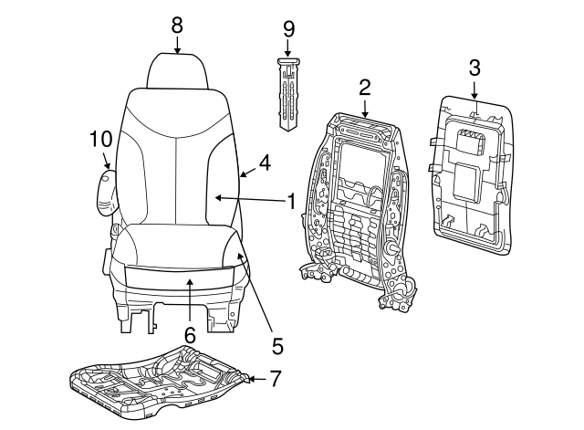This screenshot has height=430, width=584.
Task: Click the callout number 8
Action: click(177, 23)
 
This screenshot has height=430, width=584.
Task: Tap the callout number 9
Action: click(288, 28)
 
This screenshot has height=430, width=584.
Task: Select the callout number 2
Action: click(364, 87)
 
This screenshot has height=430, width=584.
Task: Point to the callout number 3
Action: click(474, 66)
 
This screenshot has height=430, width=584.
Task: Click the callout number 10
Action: click(99, 140)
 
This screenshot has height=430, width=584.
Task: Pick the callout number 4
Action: click(264, 163)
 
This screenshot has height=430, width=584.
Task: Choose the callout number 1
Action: click(291, 201)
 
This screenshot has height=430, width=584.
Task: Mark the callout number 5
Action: click(277, 346)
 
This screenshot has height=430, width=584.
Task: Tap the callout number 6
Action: click(189, 336)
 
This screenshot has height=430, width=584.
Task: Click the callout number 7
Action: click(276, 378)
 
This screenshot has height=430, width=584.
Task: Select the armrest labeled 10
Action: click(107, 187)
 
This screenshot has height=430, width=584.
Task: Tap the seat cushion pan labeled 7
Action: click(160, 382)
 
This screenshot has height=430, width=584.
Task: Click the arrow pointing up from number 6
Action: click(189, 301)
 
